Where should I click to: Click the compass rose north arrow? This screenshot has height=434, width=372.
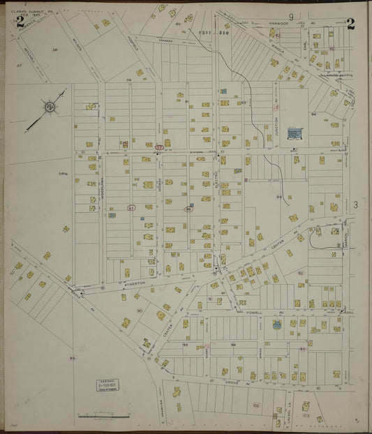tap(50, 107)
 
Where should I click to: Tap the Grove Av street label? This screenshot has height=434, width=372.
tap(232, 382)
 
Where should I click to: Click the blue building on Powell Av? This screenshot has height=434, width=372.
tap(278, 325)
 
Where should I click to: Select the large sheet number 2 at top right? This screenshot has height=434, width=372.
tap(350, 25)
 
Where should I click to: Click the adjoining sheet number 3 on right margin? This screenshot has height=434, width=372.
tap(355, 204)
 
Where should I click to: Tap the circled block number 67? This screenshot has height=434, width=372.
tap(131, 208)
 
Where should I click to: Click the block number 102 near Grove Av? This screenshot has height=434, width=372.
tap(255, 405)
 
